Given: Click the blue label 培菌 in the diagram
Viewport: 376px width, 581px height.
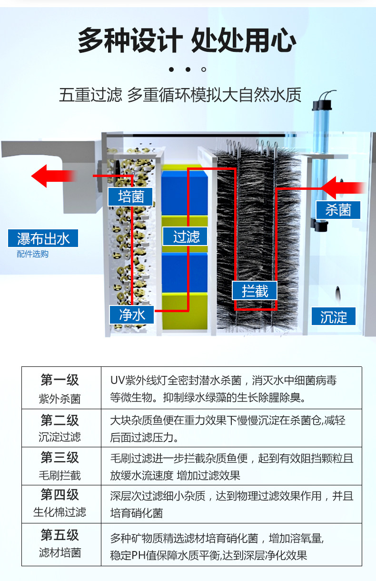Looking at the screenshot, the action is [130, 197].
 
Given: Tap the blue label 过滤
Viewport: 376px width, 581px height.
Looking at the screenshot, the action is [185, 236].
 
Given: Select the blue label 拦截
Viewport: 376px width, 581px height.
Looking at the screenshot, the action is [255, 290].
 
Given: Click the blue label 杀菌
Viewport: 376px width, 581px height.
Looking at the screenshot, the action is [338, 210].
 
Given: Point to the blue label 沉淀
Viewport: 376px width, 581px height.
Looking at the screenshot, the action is [334, 316].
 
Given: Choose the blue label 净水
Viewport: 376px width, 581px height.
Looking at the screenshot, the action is [131, 315].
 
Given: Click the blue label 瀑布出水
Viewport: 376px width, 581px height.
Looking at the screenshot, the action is [43, 238].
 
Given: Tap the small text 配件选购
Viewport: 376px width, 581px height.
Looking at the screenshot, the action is [32, 254].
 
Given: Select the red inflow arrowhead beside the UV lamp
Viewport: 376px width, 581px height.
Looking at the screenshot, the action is [328, 188].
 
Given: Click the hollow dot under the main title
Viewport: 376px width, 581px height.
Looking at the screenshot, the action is [204, 69].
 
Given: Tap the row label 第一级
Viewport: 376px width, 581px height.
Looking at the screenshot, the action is [59, 380].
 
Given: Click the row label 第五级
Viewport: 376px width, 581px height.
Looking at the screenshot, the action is [59, 535].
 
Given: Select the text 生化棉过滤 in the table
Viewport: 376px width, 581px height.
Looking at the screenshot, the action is [59, 512].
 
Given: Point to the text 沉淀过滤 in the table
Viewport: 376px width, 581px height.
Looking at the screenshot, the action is [59, 437].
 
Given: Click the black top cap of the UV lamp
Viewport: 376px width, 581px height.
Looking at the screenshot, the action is [322, 105].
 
